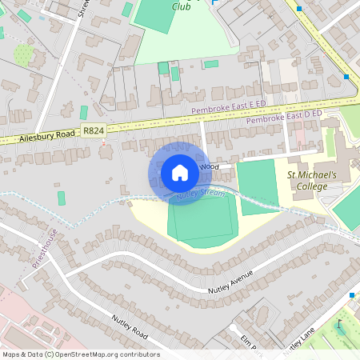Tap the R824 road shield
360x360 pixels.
point(94,130)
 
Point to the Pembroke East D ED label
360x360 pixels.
point(283,118)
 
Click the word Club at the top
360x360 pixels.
point(182,6)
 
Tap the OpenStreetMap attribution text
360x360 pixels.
point(80,354)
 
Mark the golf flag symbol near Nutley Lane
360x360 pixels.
point(340,325)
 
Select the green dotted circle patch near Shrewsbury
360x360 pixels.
point(24,54)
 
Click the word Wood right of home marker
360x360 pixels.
point(209,166)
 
